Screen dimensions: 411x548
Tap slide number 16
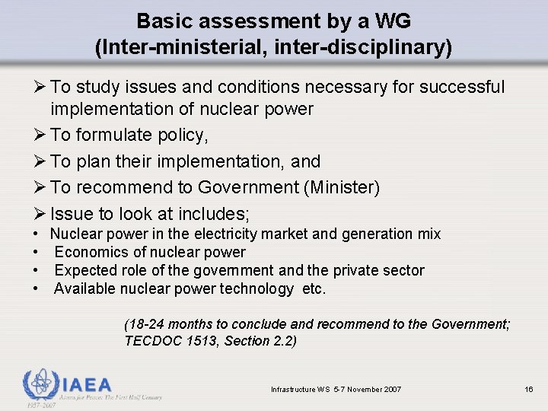pyautogui.click(x=529, y=390)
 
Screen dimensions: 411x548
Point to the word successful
pyautogui.click(x=460, y=88)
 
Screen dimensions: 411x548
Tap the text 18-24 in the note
pyautogui.click(x=143, y=324)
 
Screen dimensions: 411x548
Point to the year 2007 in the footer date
pyautogui.click(x=392, y=390)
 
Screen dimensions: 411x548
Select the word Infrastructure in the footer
pyautogui.click(x=294, y=390)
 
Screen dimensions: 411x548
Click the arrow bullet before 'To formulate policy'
pyautogui.click(x=38, y=135)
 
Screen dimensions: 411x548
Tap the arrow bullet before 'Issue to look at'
pyautogui.click(x=38, y=213)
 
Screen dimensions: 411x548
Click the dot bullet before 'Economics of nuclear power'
pyautogui.click(x=37, y=252)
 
